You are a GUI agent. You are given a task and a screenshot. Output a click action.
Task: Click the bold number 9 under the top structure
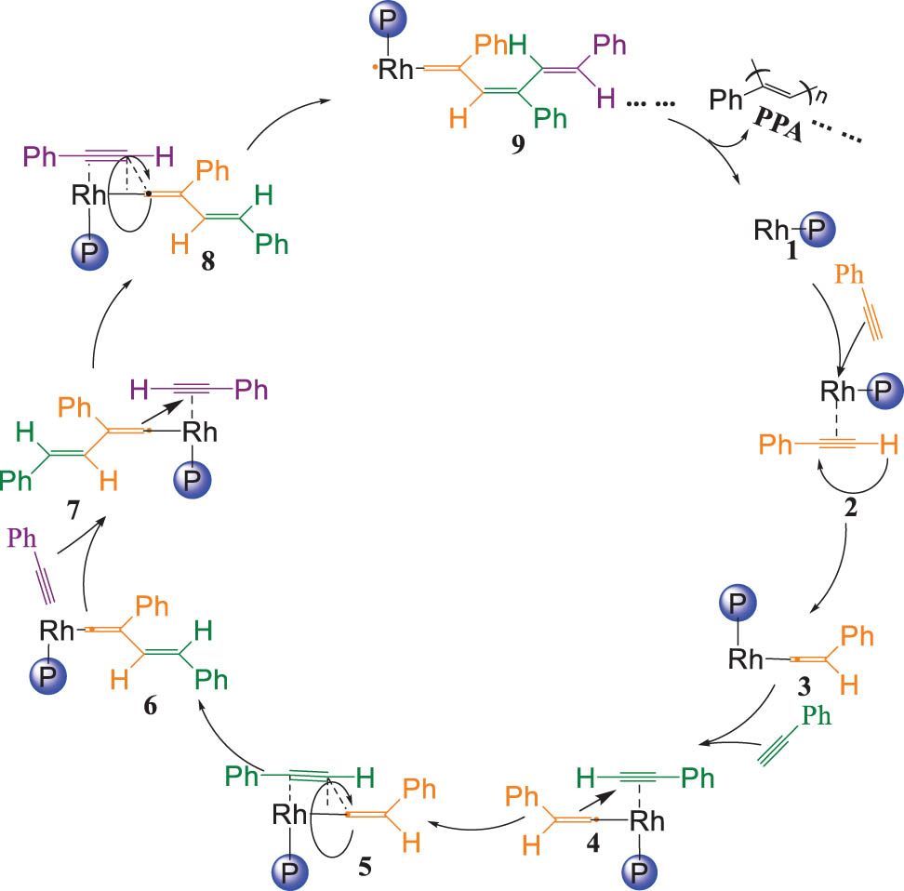coord(518,144)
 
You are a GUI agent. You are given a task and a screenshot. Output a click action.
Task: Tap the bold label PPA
coord(778,124)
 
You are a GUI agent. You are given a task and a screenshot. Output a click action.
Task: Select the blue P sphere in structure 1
coord(817,230)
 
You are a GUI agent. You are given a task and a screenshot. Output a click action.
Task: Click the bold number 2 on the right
coord(850,508)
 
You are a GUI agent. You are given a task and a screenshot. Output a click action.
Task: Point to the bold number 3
coord(804,686)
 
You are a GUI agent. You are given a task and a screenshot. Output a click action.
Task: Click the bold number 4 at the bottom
coord(592,843)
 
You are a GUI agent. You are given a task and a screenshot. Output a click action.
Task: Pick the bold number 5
coord(365,867)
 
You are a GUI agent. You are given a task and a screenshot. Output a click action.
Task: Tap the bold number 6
coord(151,705)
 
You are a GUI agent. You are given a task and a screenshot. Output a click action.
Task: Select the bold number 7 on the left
coord(73,510)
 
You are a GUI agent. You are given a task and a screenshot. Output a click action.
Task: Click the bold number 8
coord(208,260)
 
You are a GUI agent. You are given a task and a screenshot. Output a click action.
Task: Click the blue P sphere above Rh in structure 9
coord(388,20)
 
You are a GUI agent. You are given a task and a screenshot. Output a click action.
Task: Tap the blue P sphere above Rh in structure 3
coord(738,604)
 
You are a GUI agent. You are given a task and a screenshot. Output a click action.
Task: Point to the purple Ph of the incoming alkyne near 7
coord(22,539)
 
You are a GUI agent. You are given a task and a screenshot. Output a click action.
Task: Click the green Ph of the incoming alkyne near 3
coord(817,716)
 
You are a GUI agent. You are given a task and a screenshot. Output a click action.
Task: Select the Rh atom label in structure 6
coord(57,631)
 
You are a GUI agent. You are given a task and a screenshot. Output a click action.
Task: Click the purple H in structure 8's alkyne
coord(165,156)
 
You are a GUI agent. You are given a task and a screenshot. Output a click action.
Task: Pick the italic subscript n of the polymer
coord(821,95)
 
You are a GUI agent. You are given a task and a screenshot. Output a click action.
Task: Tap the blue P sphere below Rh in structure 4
coord(640,871)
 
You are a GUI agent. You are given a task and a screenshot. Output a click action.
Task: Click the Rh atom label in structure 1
coord(771,230)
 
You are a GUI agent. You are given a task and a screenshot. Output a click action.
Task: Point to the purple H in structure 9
coord(606,98)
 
